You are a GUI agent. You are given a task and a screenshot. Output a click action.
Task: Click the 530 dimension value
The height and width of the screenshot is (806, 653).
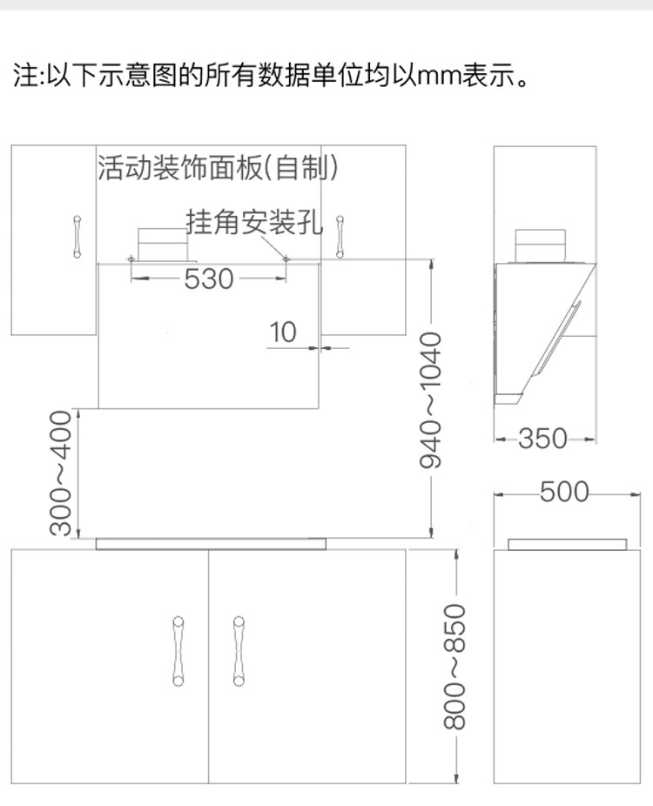point(209,279)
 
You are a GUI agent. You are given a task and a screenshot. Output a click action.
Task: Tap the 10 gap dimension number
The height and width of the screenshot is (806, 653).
point(283,332)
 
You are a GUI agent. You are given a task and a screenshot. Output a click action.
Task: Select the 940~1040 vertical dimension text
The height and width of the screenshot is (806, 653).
point(432,399)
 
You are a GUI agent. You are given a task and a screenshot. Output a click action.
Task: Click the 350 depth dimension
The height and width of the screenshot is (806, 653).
point(542,438)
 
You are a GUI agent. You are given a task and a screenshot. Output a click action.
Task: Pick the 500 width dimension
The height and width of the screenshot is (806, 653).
point(564,493)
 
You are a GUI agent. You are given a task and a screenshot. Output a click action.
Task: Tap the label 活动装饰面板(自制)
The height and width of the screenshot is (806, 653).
point(218,166)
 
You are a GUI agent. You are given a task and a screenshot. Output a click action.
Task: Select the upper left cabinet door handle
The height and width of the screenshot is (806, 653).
point(77,237)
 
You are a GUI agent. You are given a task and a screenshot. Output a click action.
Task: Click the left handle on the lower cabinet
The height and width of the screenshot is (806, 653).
point(178,651)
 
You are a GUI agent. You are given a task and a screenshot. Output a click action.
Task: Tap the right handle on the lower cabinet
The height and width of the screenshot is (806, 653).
point(238,651)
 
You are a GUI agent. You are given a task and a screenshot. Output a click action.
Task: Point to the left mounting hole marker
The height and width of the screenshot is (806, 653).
point(131,259)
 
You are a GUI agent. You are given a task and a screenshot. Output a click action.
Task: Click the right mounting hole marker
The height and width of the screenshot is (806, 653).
point(286,259)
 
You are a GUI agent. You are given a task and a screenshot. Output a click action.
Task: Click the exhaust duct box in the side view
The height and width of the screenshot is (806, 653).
point(541,245)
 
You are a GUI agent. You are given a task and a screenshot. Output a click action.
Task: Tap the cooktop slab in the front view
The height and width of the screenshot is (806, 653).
point(210,544)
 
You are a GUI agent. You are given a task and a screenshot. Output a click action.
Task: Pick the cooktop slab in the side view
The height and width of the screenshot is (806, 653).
point(567,544)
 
